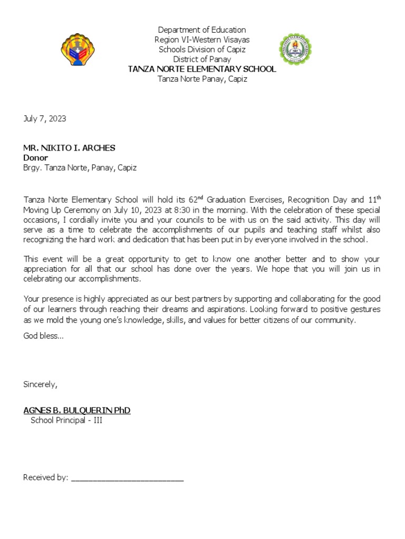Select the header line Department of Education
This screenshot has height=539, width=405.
coord(202,30)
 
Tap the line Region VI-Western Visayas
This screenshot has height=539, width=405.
coord(202,40)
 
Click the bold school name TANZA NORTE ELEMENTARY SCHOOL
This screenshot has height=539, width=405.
coord(202,69)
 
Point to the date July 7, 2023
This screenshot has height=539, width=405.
coord(45,119)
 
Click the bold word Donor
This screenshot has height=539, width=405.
coord(35,158)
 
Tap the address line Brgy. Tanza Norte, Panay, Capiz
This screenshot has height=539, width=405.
coord(80,168)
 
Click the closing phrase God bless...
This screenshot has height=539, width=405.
coord(43,336)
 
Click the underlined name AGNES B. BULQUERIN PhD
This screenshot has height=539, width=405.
coord(77,410)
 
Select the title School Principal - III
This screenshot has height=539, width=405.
coord(66,420)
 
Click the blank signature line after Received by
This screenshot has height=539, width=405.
coord(127,478)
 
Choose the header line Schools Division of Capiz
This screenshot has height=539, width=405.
coord(202,50)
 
